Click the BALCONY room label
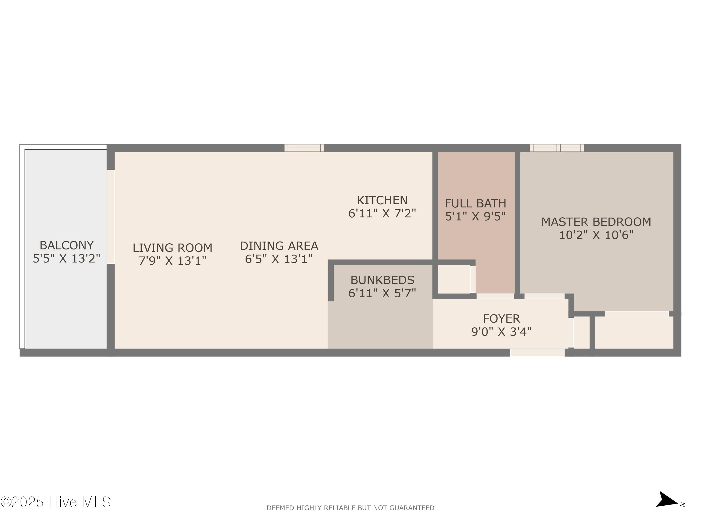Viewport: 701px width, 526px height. [x=67, y=245]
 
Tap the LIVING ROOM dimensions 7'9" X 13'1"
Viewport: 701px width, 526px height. [x=172, y=261]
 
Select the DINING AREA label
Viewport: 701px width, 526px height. [x=279, y=246]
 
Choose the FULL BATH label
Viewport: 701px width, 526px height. [x=475, y=203]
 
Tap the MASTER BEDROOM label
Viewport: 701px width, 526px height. [x=596, y=222]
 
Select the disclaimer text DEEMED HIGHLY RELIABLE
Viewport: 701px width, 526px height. [x=350, y=508]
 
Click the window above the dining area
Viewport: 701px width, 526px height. [x=304, y=148]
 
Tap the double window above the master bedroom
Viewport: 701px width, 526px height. [x=557, y=148]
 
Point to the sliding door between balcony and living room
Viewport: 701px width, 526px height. [x=110, y=217]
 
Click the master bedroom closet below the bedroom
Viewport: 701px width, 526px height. [x=634, y=332]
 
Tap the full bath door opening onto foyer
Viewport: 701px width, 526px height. [x=495, y=296]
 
